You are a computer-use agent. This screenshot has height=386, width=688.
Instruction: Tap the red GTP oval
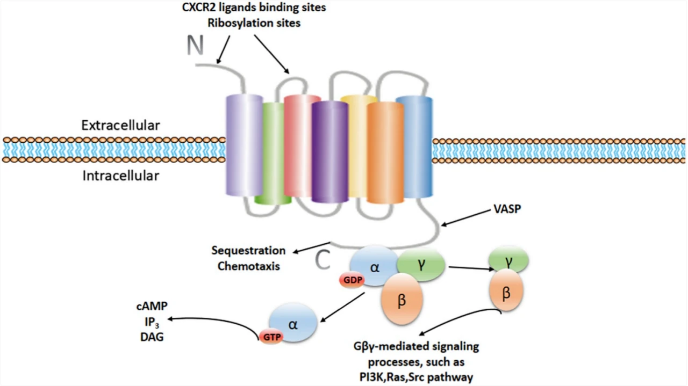pyautogui.click(x=271, y=336)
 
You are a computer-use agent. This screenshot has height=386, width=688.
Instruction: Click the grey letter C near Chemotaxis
pyautogui.click(x=322, y=260)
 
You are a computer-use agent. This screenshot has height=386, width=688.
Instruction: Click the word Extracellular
pyautogui.click(x=120, y=126)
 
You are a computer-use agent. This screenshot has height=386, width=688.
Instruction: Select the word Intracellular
pyautogui.click(x=120, y=176)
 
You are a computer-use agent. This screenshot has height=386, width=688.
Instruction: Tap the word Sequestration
pyautogui.click(x=248, y=251)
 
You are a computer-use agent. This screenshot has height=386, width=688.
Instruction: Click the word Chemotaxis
pyautogui.click(x=249, y=266)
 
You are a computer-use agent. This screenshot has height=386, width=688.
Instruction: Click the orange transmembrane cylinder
pyautogui.click(x=385, y=153)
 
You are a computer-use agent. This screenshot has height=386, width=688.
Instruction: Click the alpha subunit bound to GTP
pyautogui.click(x=293, y=323)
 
